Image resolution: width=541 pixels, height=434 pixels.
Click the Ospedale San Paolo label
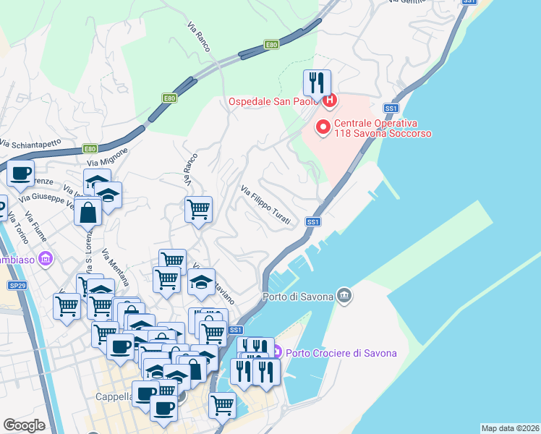(x=273, y=101)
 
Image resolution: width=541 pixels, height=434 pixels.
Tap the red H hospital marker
(x=330, y=101)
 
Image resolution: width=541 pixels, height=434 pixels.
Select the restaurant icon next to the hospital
(x=316, y=83)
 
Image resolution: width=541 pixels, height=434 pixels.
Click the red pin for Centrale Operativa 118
(x=323, y=128)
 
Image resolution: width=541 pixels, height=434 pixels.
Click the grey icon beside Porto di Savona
(x=344, y=295)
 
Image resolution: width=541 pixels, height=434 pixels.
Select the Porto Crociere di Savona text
(x=341, y=353)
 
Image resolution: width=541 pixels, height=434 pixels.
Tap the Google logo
(x=24, y=425)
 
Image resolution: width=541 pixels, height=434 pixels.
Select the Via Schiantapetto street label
(x=30, y=143)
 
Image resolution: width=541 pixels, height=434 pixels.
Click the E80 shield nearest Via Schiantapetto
(x=90, y=149)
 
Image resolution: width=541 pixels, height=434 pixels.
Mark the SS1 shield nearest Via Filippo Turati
(x=312, y=222)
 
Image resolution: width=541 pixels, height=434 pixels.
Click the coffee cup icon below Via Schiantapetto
(x=20, y=174)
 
